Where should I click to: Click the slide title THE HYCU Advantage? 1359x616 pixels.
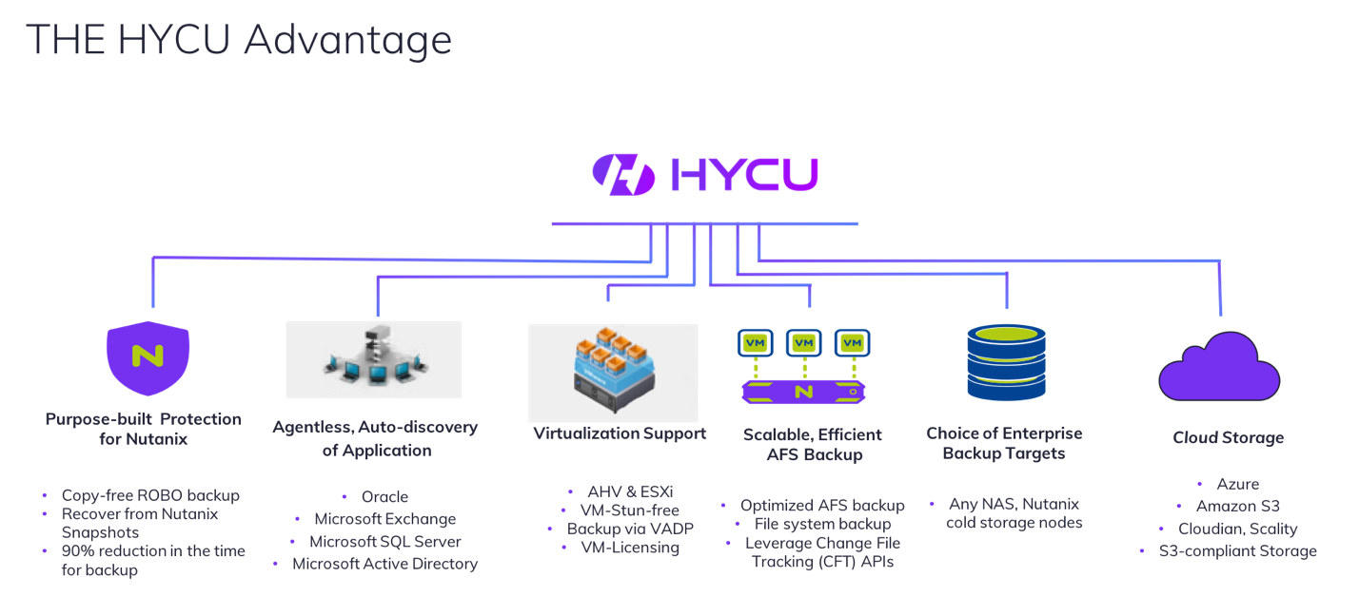tap(238, 40)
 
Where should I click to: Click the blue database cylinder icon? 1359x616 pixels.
tap(1005, 362)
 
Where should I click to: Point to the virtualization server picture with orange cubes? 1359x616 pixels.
tap(612, 372)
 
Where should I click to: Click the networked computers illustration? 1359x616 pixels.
tap(373, 358)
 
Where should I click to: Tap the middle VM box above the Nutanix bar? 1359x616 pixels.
tap(804, 342)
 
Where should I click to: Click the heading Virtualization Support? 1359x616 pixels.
tap(620, 433)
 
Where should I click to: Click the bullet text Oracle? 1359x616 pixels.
tap(384, 496)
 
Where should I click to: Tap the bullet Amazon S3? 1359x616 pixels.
tap(1237, 506)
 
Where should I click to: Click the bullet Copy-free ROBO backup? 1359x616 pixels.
tap(150, 495)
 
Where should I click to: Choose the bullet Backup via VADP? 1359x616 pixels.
tap(630, 529)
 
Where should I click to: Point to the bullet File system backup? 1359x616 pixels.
tap(822, 524)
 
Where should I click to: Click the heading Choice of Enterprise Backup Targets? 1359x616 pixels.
tap(1004, 443)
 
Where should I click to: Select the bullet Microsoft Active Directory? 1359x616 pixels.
tap(384, 564)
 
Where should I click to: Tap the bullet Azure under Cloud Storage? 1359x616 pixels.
tap(1237, 484)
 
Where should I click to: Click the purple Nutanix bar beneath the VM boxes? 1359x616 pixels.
tap(804, 391)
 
